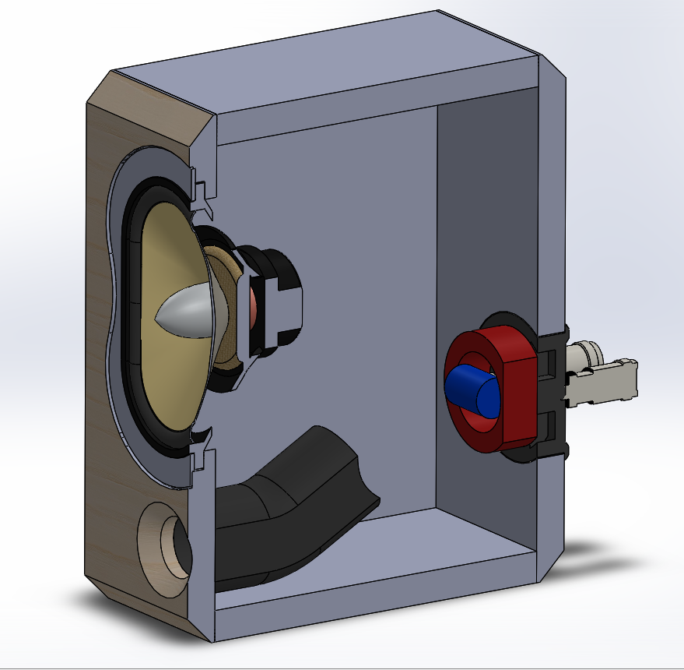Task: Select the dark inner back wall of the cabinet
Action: point(482,234)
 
